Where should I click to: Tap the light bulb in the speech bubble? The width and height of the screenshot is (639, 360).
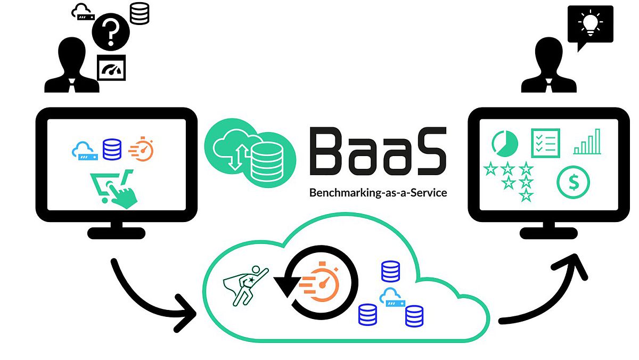[x=590, y=23]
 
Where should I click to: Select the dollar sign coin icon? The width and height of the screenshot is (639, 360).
[x=574, y=182]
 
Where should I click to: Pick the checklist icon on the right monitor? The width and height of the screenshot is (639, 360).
[x=545, y=143]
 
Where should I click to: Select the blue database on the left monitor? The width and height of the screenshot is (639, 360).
[x=112, y=149]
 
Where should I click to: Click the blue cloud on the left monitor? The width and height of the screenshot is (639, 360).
[x=84, y=151]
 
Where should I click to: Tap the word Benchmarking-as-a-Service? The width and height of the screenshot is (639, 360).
[x=378, y=193]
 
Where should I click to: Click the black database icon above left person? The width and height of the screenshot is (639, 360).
[x=140, y=13]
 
